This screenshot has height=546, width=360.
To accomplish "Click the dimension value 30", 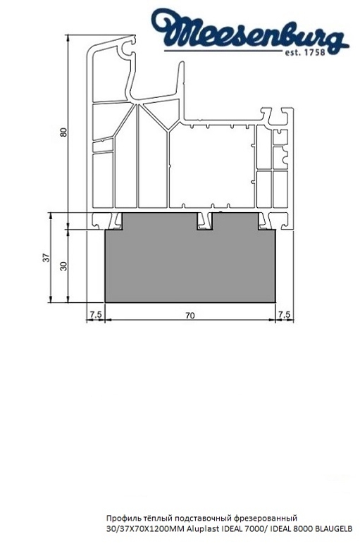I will (63, 266).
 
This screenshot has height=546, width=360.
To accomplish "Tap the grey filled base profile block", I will (190, 268).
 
